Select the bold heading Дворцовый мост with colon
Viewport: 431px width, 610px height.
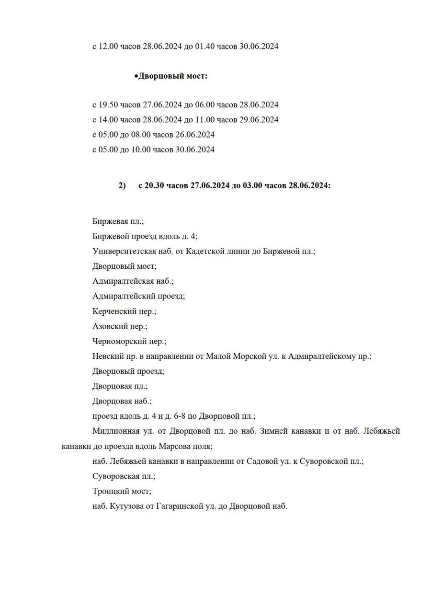(x=173, y=76)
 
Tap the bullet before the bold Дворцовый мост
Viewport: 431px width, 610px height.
(x=136, y=76)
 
